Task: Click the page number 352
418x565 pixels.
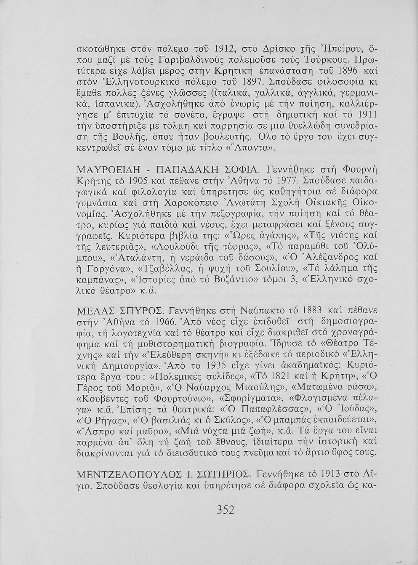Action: pyautogui.click(x=226, y=510)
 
